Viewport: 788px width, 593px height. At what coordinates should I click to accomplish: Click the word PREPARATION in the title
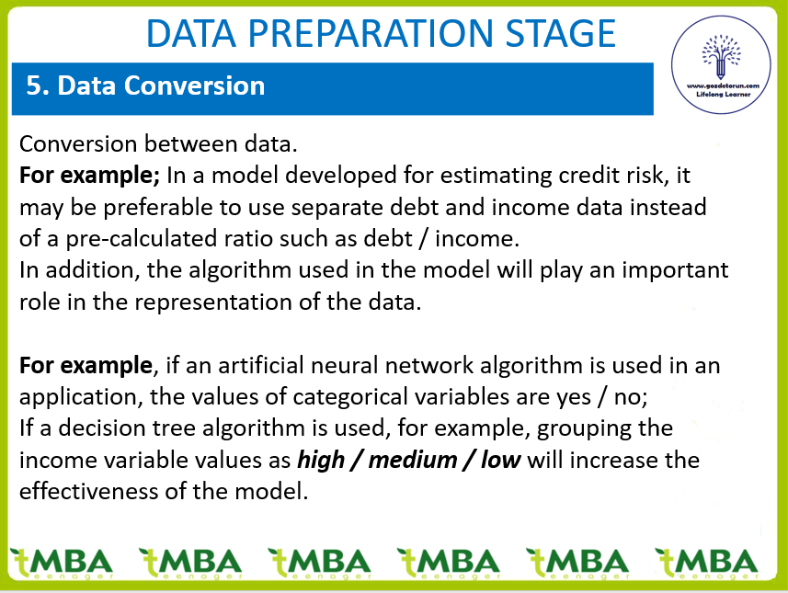tap(371, 33)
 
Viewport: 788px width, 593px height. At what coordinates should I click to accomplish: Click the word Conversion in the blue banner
tap(195, 86)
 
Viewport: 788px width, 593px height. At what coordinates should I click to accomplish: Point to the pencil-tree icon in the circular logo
tap(721, 56)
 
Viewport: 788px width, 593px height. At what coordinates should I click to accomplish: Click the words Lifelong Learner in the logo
tap(723, 94)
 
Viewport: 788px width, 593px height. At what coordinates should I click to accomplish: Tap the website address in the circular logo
tap(723, 86)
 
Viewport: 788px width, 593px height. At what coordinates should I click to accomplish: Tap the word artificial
tap(261, 365)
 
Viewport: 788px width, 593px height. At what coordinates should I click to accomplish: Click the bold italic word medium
tap(413, 460)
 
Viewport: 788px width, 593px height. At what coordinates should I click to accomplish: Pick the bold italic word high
tap(321, 461)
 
